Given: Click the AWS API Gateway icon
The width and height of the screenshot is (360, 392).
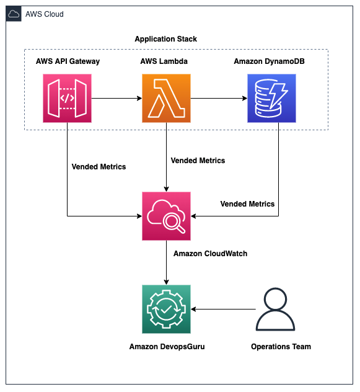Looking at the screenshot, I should click(x=67, y=98).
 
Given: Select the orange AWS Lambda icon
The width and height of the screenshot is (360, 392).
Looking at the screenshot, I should click(x=166, y=98).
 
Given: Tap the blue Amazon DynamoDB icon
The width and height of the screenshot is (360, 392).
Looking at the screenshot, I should click(x=271, y=98).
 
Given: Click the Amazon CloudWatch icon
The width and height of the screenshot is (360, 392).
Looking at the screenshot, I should click(x=166, y=216).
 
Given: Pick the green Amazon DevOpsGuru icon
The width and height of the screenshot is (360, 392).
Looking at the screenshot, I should click(x=166, y=309).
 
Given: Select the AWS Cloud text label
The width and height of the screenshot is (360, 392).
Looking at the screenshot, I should click(x=45, y=14).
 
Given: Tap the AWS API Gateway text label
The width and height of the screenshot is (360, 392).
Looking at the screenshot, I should click(x=68, y=61).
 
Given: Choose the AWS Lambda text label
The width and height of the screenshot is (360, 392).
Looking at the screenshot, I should click(x=166, y=61).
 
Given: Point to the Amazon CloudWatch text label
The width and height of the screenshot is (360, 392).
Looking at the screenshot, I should click(x=210, y=253).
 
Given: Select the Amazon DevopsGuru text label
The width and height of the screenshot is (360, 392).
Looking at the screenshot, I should click(x=167, y=346).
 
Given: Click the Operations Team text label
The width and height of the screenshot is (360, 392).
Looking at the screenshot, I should click(x=281, y=346).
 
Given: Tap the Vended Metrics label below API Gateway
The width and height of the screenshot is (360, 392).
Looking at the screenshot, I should click(x=99, y=166).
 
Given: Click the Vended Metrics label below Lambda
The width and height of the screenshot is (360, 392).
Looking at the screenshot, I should click(x=198, y=160).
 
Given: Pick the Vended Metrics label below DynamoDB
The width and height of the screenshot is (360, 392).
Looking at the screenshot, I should click(x=247, y=203).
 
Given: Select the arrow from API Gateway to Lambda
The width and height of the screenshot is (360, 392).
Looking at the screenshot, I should click(x=116, y=98).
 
